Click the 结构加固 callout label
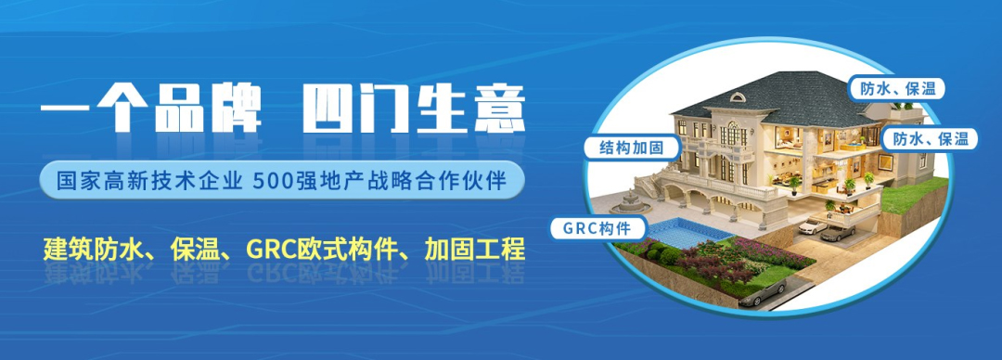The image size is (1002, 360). pyautogui.click(x=632, y=148)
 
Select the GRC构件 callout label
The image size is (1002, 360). pyautogui.click(x=595, y=227)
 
